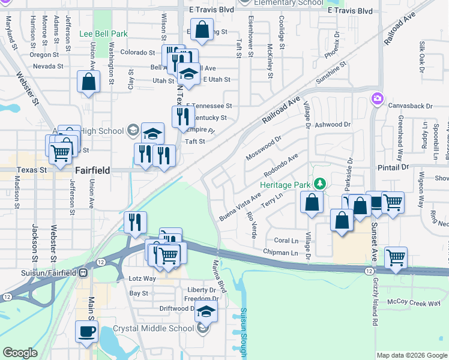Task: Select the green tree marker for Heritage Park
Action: [321, 183]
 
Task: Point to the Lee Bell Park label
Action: [103, 34]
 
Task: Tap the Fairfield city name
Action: [92, 170]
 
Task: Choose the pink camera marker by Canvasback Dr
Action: [377, 98]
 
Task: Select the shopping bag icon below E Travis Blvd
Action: [203, 29]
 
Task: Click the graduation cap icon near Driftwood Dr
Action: [206, 311]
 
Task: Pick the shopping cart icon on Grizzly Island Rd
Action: [396, 258]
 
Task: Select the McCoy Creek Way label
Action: [414, 302]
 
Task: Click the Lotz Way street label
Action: [142, 278]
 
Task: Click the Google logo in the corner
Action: [20, 353]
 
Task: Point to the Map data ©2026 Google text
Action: [411, 355]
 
